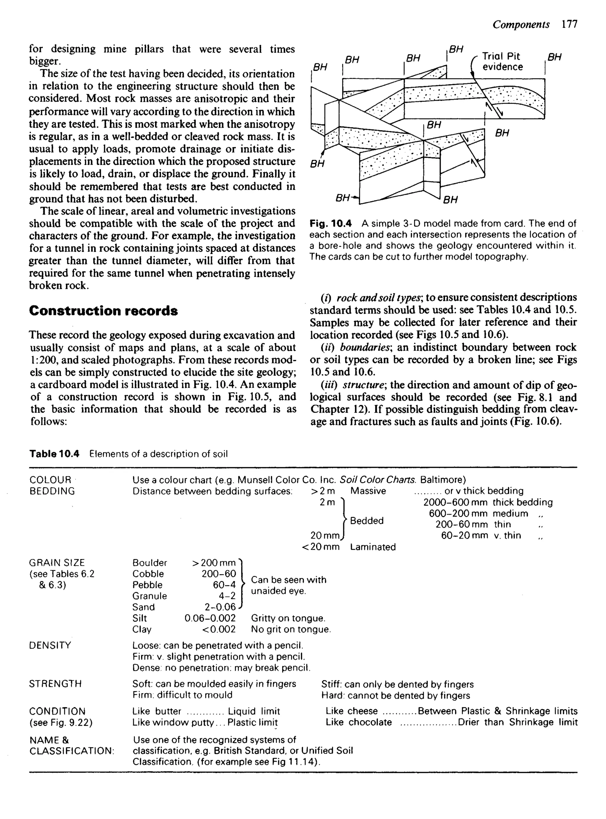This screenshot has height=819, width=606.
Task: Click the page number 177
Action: click(x=569, y=25)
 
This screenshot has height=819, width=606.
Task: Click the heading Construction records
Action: click(x=104, y=311)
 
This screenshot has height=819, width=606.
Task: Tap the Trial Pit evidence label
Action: click(x=502, y=61)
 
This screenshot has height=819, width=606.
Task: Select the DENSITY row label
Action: click(x=50, y=645)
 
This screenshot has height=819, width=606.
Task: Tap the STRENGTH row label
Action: click(x=55, y=684)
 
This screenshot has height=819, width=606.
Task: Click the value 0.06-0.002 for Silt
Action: click(x=210, y=618)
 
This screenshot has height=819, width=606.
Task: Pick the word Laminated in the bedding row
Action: click(x=373, y=547)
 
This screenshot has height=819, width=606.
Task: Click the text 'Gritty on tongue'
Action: click(x=288, y=618)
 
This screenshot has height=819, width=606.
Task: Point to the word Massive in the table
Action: click(x=368, y=491)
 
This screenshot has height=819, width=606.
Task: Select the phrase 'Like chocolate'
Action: click(x=359, y=722)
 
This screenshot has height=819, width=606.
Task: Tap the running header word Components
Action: click(x=521, y=25)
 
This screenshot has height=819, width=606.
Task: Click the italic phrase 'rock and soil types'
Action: click(x=379, y=297)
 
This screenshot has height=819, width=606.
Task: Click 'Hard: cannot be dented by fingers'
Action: click(x=395, y=695)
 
